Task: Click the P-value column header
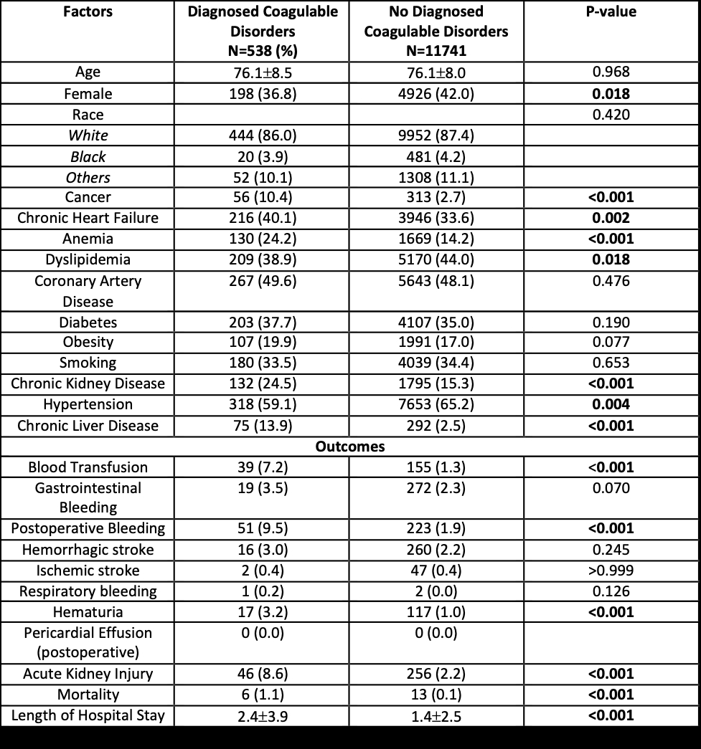(612, 12)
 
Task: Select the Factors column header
(88, 12)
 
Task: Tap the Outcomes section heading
(350, 447)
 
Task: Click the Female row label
(88, 94)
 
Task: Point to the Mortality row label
(88, 695)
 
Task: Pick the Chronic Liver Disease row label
(88, 426)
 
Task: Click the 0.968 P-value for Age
(612, 72)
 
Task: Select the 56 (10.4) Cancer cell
(261, 197)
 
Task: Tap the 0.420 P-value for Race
(612, 115)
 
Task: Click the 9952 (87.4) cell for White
(436, 135)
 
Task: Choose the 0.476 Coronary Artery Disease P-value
(612, 281)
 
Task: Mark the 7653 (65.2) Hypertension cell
(436, 404)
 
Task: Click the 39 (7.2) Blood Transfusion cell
(261, 467)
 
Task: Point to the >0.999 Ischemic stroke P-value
(612, 571)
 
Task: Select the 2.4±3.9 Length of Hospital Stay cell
(261, 715)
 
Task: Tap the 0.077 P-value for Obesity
(612, 342)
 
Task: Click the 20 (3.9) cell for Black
(261, 156)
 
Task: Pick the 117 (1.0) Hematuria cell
(436, 612)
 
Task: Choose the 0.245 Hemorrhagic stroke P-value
(612, 550)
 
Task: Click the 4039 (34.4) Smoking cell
(436, 363)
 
